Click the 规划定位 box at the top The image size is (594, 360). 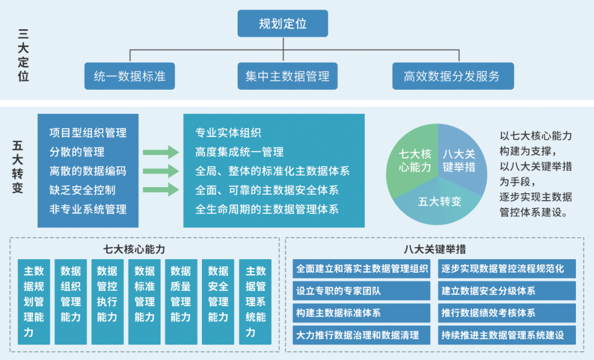pos(283,24)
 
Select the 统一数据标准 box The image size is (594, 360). pos(129,76)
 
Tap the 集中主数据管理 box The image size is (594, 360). pos(287,76)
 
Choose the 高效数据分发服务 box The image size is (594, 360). pos(453,76)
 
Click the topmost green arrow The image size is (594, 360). pos(161,152)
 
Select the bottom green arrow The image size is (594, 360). pos(161,190)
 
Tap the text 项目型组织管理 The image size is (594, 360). pos(88,133)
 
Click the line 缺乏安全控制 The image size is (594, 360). pos(82,190)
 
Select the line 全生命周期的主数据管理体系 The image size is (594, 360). pos(267,209)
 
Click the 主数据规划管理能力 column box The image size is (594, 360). pos(34,302)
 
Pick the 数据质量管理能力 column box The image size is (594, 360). pos(180,302)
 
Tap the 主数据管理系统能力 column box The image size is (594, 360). pos(255,302)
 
